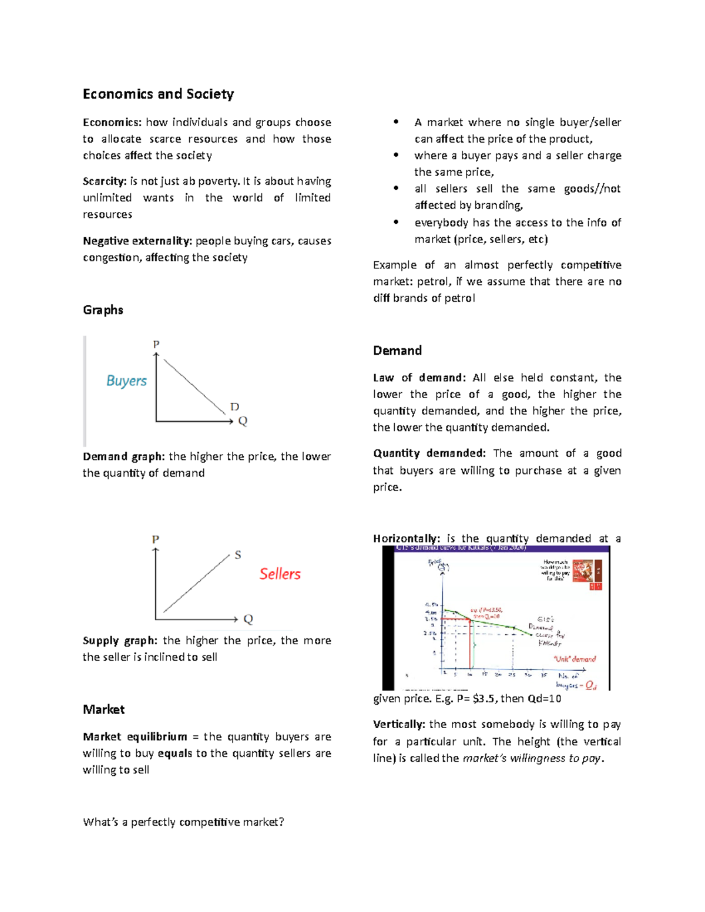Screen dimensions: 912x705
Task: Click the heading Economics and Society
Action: tap(158, 94)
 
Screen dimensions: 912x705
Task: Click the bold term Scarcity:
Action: tap(105, 181)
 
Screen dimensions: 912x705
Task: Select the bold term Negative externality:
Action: tap(137, 241)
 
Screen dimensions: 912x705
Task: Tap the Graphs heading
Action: tap(103, 310)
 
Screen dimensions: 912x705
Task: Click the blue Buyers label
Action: tap(126, 381)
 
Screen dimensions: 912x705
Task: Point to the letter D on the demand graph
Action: tap(234, 407)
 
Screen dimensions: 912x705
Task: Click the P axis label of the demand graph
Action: tap(156, 345)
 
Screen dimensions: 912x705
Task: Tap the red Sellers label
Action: tap(280, 574)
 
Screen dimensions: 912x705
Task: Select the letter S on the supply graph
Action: tap(238, 555)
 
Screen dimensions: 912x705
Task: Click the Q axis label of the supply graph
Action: tap(248, 619)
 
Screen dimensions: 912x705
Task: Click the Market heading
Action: tap(103, 709)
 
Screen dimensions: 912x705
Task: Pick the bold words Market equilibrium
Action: tap(135, 736)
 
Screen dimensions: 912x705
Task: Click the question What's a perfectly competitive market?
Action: tap(183, 822)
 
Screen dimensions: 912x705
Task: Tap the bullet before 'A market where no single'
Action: tap(397, 122)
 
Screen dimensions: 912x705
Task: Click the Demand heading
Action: tap(397, 351)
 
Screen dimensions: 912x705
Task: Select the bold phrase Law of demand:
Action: tap(419, 378)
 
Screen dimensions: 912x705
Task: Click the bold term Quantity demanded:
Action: tap(429, 453)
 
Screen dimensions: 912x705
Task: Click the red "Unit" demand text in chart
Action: tap(575, 659)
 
